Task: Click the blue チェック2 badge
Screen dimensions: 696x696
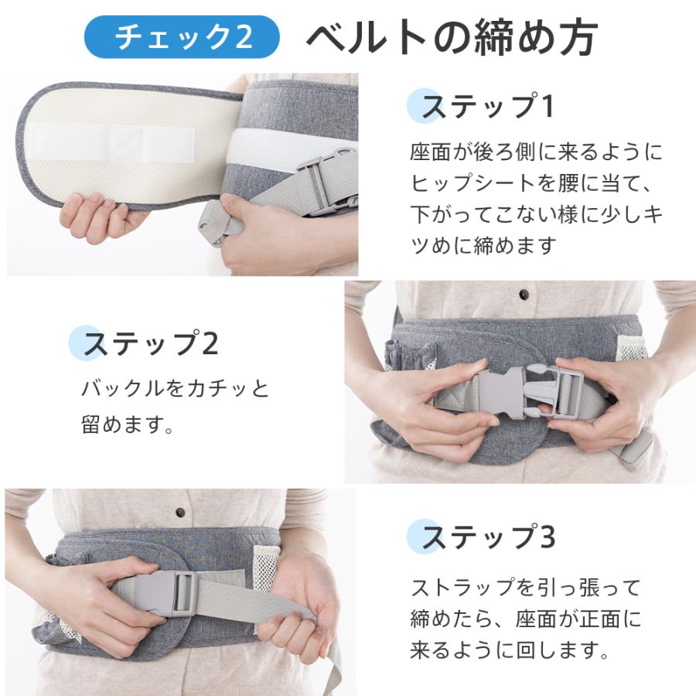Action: (182, 37)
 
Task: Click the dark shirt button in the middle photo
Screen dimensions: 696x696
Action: (524, 295)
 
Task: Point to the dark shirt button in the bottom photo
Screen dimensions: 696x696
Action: (180, 513)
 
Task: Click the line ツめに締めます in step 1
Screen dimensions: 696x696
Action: (483, 246)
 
